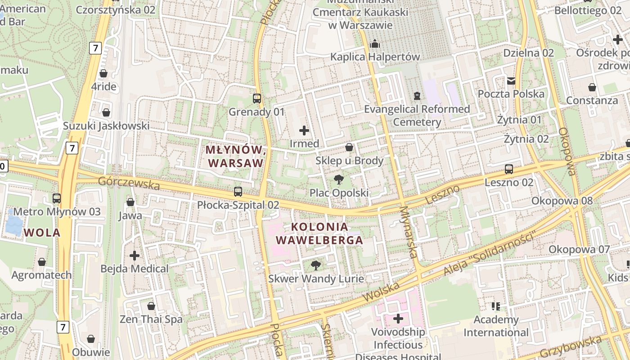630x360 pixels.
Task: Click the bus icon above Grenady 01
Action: (257, 98)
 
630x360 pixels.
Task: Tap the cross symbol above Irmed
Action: (304, 130)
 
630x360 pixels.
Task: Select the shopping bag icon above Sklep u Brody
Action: (349, 147)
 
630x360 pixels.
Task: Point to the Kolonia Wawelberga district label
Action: (319, 234)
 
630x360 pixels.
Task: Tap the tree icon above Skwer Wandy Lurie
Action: (316, 265)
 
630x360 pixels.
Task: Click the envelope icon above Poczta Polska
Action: (511, 81)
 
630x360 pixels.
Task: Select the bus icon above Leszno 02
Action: (509, 169)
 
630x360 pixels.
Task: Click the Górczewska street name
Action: (129, 183)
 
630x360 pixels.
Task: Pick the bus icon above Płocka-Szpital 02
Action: (238, 192)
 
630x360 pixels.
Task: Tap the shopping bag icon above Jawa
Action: (130, 202)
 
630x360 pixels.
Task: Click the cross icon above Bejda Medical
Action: (135, 256)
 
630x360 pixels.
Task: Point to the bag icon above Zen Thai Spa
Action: (151, 306)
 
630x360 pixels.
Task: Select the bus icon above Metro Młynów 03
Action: (57, 198)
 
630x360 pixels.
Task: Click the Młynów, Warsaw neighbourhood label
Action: (234, 156)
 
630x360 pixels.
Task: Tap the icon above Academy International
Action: (496, 306)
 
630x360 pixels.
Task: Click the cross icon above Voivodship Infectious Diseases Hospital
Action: (398, 319)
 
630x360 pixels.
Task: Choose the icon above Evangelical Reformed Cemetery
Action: (417, 96)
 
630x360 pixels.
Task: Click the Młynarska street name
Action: (409, 232)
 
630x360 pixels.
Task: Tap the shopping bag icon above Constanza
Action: (592, 87)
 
